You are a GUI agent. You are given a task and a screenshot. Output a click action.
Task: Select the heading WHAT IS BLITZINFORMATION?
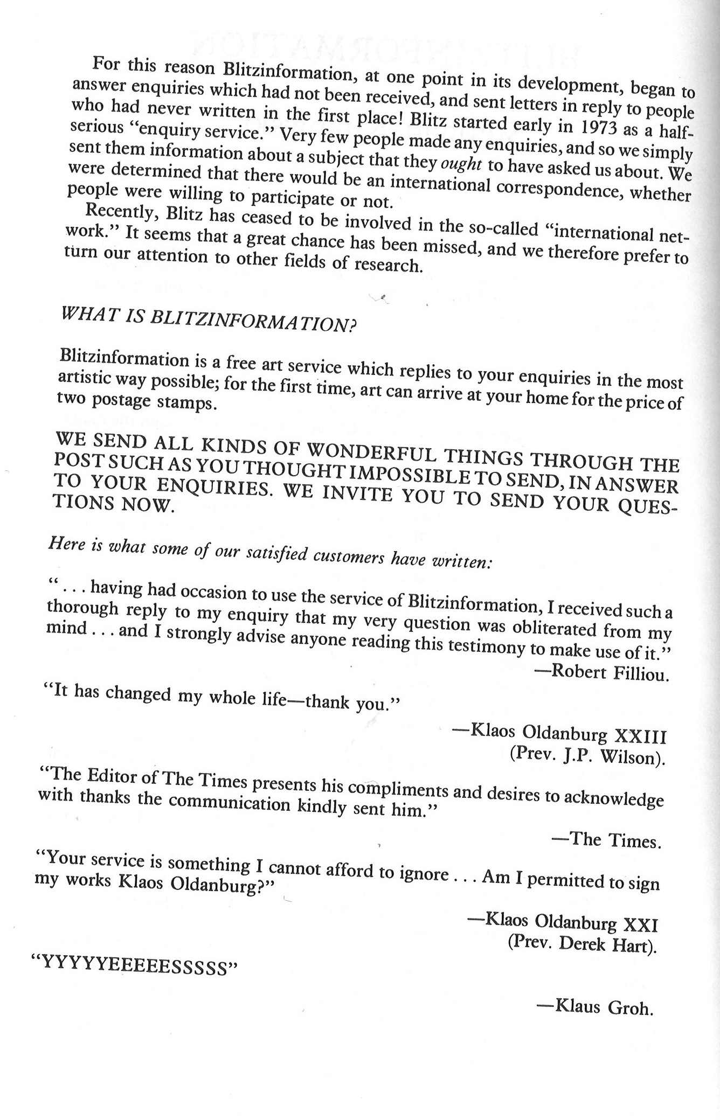tap(210, 320)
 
